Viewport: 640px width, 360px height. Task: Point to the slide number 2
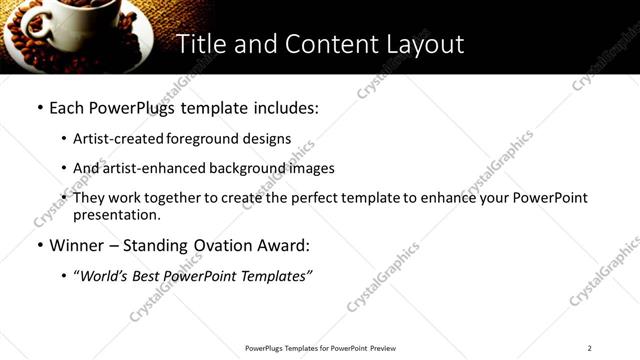click(589, 348)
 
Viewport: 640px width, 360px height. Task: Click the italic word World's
click(100, 276)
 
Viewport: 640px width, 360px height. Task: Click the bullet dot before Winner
click(38, 246)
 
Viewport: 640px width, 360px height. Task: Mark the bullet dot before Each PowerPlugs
click(38, 107)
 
